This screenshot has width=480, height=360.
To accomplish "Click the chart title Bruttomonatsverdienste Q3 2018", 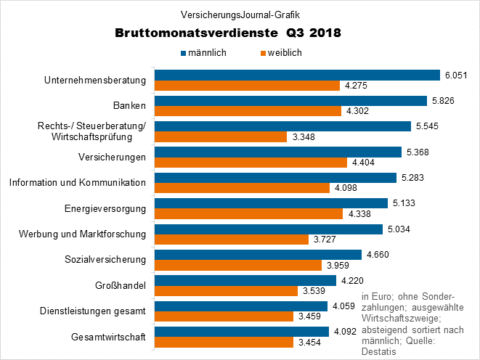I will [227, 33].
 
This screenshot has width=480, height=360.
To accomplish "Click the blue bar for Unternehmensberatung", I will [297, 75].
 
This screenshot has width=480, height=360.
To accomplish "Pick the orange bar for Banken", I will [248, 111].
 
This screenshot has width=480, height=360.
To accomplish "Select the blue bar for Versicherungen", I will [277, 152].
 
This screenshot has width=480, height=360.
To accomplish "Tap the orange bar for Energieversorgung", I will [248, 213].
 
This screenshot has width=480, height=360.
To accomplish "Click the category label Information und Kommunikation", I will [78, 182].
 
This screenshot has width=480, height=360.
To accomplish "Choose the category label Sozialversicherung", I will [106, 259].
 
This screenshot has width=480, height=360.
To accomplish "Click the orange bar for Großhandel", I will [226, 290].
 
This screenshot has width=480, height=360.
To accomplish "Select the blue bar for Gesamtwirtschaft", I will [240, 332].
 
